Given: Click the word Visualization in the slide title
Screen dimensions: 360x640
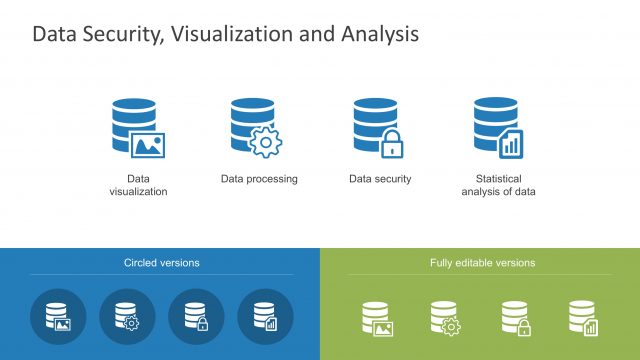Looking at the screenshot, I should click(224, 35).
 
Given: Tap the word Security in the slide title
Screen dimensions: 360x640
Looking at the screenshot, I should click(126, 35).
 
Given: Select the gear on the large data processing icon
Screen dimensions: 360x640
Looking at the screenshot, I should click(265, 142).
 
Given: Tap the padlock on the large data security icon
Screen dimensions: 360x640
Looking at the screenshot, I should click(391, 144).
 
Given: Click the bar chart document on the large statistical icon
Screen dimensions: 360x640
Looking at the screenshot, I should click(511, 144).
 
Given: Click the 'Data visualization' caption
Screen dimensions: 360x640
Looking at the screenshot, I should click(138, 185).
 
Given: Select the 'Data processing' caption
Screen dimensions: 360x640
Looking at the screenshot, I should click(259, 179).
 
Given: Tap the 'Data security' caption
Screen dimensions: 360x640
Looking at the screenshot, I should click(380, 179).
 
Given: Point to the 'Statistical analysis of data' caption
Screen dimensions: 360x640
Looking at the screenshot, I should click(498, 185).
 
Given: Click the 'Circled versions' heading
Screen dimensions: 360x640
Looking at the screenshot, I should click(161, 263).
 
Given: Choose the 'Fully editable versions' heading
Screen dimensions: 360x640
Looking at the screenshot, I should click(482, 263).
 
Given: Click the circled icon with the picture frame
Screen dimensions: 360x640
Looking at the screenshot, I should click(57, 317).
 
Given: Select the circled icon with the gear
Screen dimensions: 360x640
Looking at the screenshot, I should click(126, 317).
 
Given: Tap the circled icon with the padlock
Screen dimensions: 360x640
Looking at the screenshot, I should click(195, 317).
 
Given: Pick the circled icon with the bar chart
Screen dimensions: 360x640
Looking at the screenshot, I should click(264, 317).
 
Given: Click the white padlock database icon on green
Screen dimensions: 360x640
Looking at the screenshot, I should click(515, 318).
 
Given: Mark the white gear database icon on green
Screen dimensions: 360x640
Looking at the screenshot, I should click(445, 318).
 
